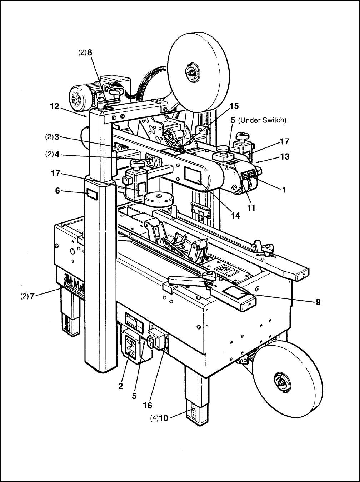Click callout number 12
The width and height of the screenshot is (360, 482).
click(55, 106)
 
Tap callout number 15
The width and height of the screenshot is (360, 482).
click(234, 106)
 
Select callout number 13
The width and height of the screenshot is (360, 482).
click(285, 157)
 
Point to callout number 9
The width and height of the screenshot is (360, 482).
click(318, 302)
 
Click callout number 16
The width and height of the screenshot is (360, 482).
click(147, 405)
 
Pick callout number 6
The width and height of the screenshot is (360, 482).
click(57, 191)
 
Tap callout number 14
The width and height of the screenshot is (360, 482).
click(235, 216)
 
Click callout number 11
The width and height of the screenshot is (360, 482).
click(251, 207)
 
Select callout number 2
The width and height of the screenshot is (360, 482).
click(121, 386)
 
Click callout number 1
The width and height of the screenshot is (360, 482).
click(284, 190)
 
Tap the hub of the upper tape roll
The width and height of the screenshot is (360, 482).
click(190, 73)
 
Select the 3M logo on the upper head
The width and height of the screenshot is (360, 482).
click(154, 162)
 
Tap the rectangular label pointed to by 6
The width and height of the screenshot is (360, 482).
click(92, 194)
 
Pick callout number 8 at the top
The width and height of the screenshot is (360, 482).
click(90, 53)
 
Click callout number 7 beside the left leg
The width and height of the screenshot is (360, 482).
click(32, 296)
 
